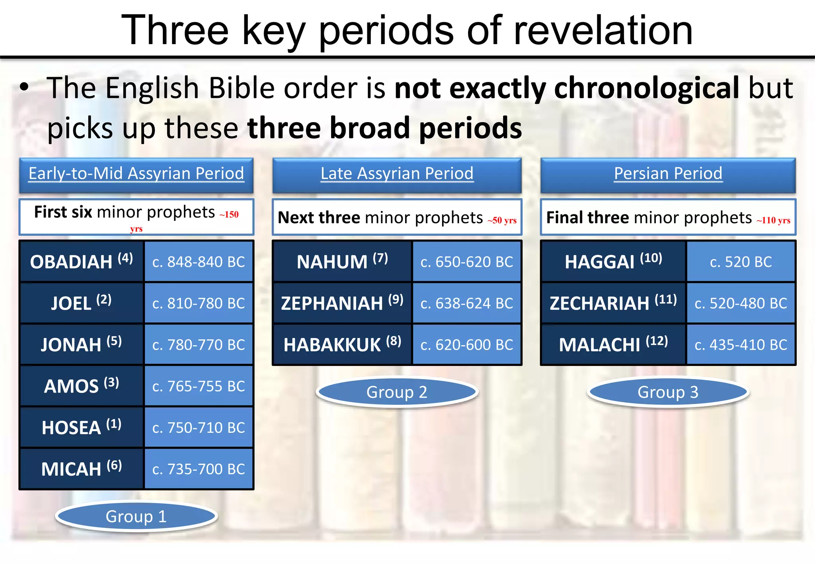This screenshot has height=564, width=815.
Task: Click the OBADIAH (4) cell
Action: point(82,261)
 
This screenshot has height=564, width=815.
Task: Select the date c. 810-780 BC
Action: point(199,303)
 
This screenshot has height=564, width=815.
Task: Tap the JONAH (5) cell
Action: point(82,344)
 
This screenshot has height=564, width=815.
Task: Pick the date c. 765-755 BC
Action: point(199,386)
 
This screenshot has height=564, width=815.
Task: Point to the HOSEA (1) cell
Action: point(82,428)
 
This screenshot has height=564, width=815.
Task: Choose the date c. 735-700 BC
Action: point(199,469)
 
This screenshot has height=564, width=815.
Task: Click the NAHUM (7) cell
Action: point(342,261)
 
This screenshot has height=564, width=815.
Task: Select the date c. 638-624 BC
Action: point(467,303)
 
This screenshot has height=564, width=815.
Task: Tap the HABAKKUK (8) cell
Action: point(342,344)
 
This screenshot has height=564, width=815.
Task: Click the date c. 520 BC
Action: point(741,261)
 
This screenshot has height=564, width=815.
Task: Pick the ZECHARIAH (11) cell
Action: point(613,303)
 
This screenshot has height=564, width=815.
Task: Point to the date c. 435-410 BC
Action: point(741,344)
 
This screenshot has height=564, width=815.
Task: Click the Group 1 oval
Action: point(136,516)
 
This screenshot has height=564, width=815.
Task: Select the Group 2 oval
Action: point(397,392)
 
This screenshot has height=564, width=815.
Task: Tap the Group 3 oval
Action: point(668,392)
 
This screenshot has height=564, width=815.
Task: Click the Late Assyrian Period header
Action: point(397,174)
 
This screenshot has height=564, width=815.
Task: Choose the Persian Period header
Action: point(668,174)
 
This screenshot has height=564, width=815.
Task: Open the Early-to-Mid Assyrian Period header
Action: point(136,174)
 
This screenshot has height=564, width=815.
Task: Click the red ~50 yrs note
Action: point(502,220)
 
